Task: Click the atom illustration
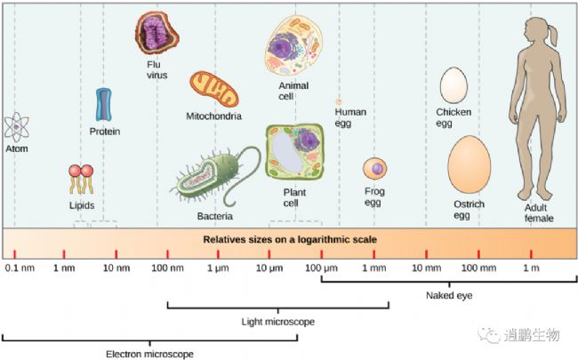[16, 127]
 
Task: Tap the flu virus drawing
[157, 33]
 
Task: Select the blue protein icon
[103, 105]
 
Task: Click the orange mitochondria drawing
[214, 89]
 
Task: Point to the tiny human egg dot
[339, 102]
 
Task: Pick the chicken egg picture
[454, 85]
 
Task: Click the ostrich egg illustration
[470, 164]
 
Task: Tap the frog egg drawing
[375, 168]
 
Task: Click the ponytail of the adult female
[552, 35]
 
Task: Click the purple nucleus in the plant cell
[307, 140]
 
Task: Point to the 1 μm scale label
[218, 268]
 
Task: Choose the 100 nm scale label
[167, 268]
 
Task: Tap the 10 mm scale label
[426, 268]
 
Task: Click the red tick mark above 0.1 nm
[15, 254]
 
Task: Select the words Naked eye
[449, 295]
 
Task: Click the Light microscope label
[278, 322]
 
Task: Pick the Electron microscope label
[149, 354]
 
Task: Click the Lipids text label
[82, 205]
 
